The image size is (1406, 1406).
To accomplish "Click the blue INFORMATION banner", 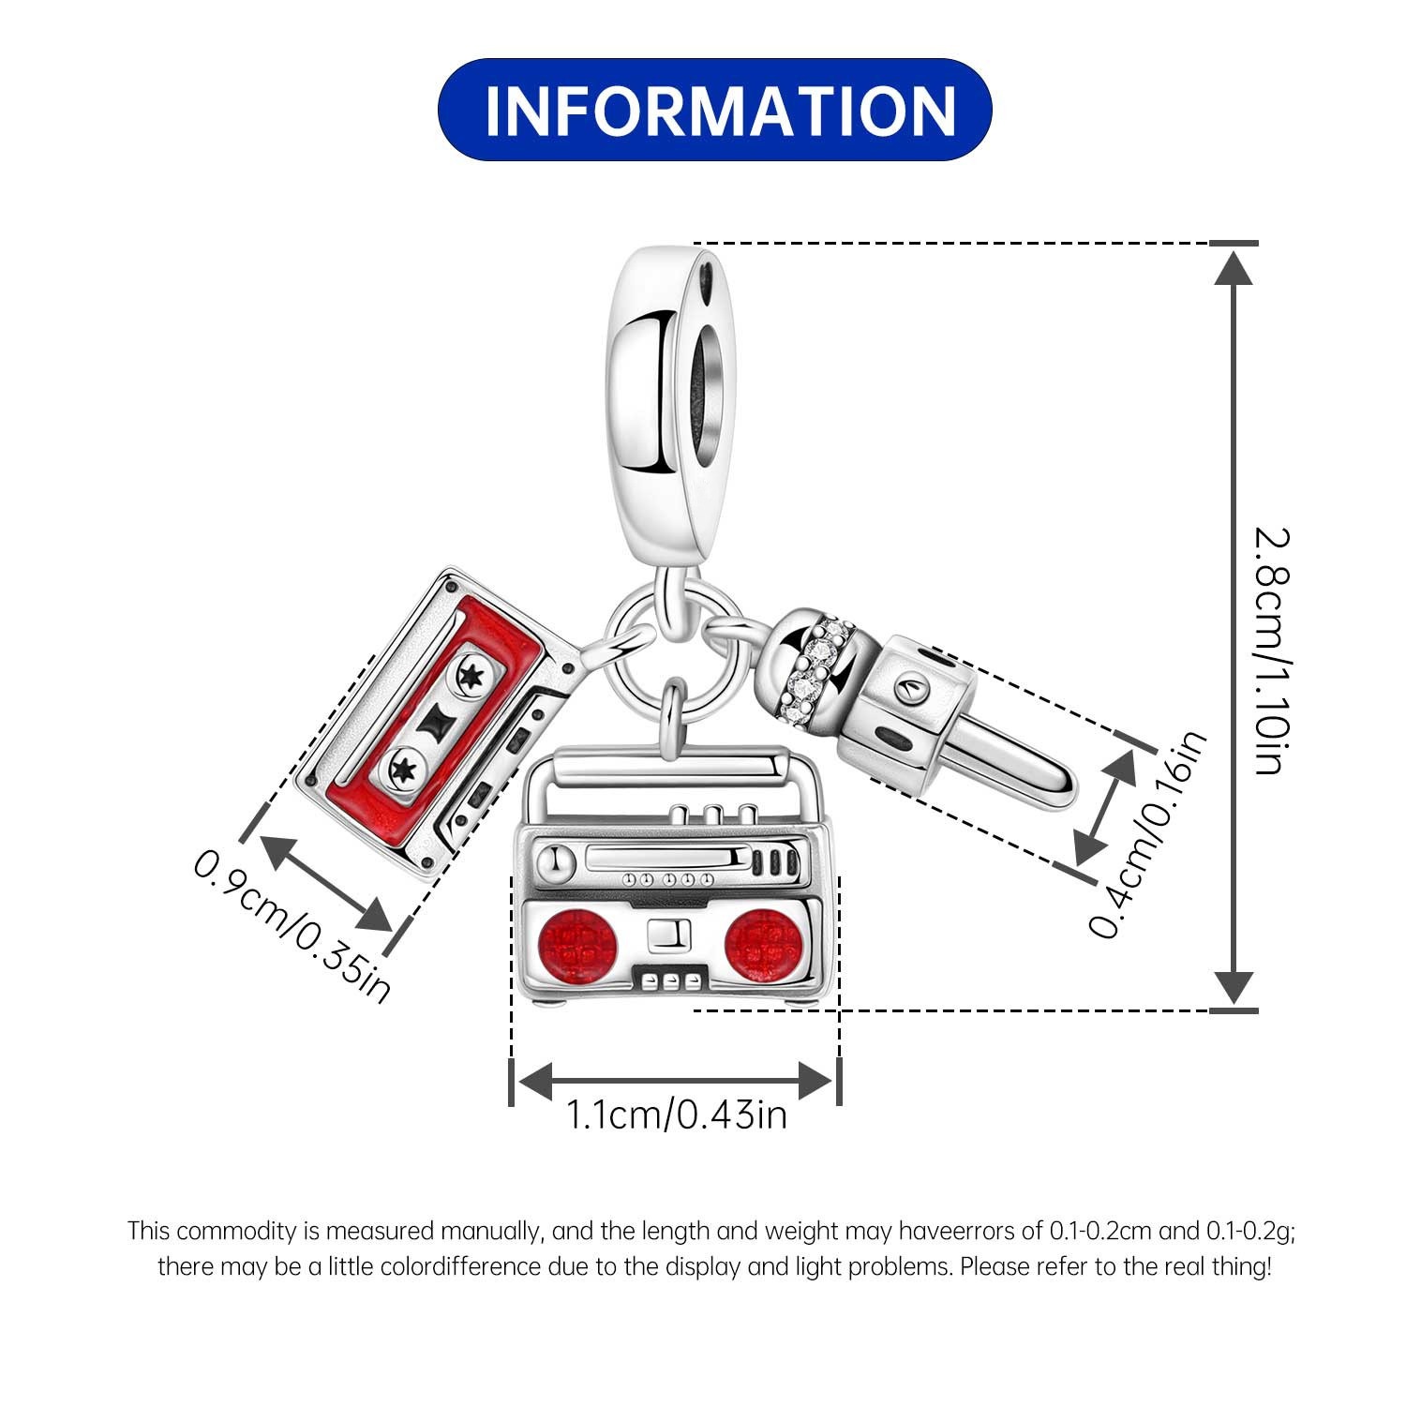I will pos(714,110).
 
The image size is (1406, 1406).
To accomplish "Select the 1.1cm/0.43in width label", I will pos(675,1114).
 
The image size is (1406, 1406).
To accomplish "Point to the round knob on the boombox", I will pos(554,860).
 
